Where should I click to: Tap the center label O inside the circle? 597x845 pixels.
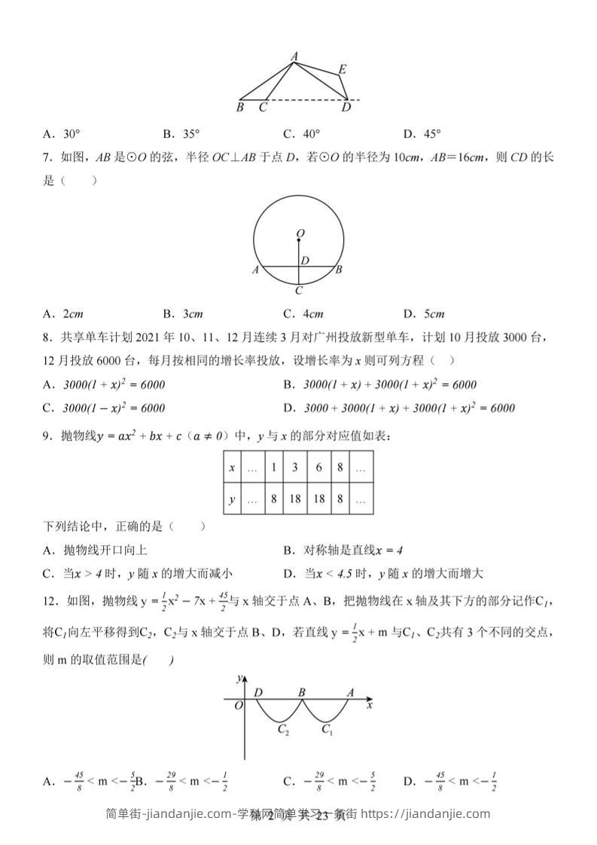300,234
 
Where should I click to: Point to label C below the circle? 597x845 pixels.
299,290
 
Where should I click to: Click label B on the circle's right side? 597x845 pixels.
340,269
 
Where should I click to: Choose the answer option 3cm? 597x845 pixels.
183,314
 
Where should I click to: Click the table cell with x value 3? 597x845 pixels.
295,468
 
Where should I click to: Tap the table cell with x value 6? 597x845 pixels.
319,468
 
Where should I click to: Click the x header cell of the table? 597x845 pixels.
232,468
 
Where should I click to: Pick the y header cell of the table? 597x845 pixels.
232,499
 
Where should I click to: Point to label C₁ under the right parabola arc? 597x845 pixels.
327,729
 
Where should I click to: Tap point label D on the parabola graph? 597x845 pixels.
259,692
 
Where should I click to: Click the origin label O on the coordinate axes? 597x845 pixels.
238,706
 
